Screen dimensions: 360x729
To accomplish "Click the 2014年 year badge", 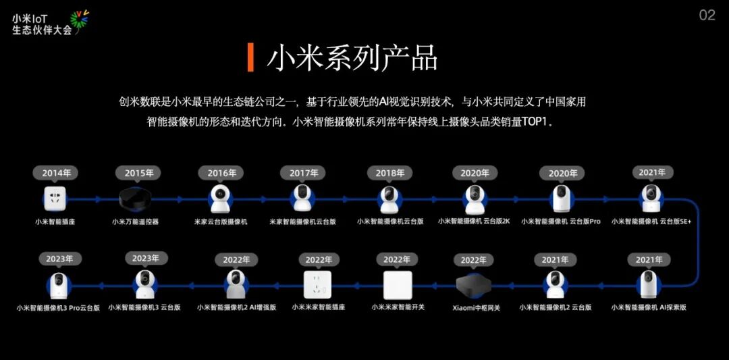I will pos(56,173).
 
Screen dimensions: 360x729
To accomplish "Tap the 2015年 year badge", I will pos(139,173).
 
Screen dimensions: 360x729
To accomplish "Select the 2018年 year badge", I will pos(389,173).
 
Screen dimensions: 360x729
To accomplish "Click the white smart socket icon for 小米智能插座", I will pos(56,199).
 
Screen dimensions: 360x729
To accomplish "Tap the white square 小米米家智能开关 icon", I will pos(398,284).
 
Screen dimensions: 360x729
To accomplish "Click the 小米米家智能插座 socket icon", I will pos(319,284).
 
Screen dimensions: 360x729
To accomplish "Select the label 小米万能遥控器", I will pos(136,222).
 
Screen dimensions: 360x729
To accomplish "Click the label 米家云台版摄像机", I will pos(221,222).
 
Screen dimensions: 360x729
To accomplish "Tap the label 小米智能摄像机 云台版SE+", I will pos(652,221).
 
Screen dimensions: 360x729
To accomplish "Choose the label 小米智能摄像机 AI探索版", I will pos(649,307).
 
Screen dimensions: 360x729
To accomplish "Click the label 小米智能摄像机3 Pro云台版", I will pos(58,308).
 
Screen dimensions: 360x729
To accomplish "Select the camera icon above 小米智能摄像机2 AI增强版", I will pos(236,284).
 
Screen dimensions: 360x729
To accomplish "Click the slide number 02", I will pos(707,15).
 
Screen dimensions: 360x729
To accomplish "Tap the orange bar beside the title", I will pos(250,57).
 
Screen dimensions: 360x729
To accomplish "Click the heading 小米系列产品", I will pos(352,57).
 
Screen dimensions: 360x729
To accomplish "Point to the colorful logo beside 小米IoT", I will pos(80,22).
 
